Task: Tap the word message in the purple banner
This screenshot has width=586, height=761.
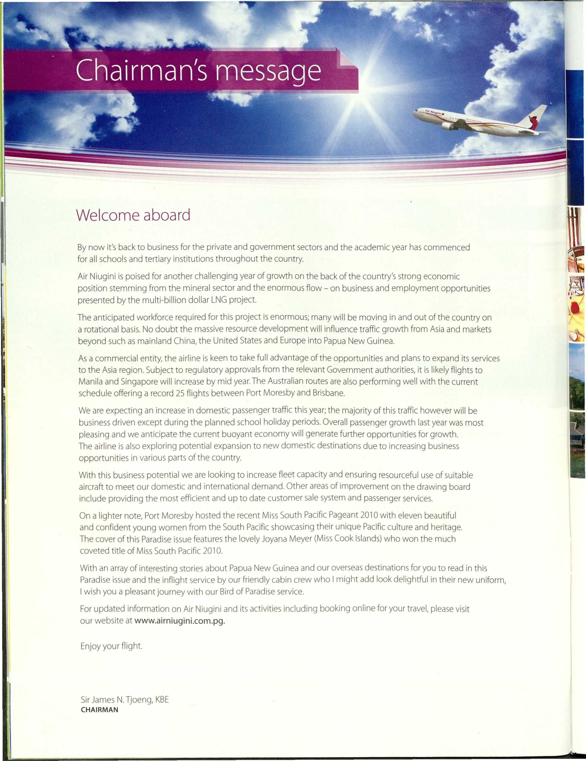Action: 268,71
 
